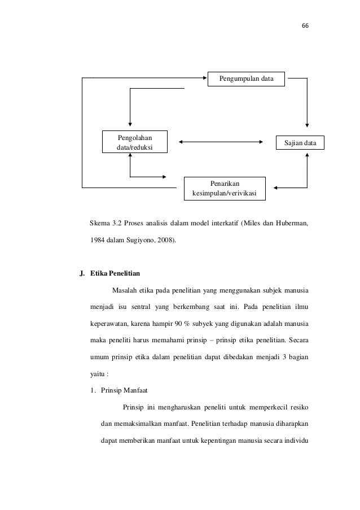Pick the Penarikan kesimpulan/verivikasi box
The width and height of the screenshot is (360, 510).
[225, 189]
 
